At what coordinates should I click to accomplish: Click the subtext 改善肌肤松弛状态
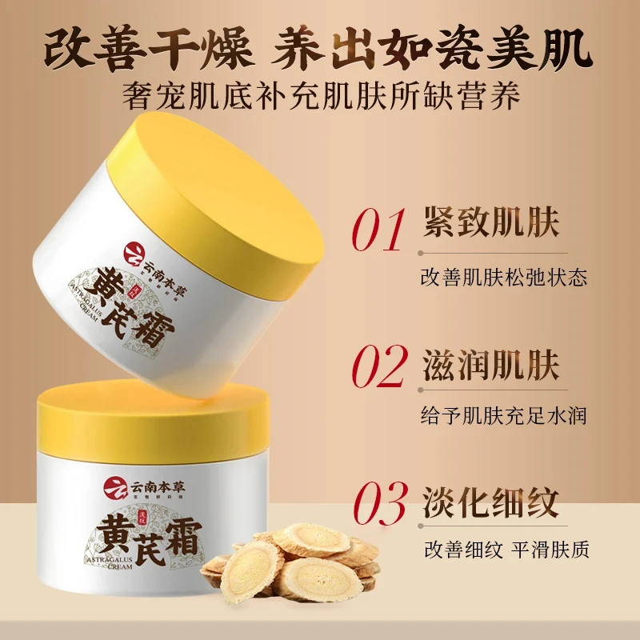pos(504,278)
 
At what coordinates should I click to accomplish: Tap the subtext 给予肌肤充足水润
pos(504,416)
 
